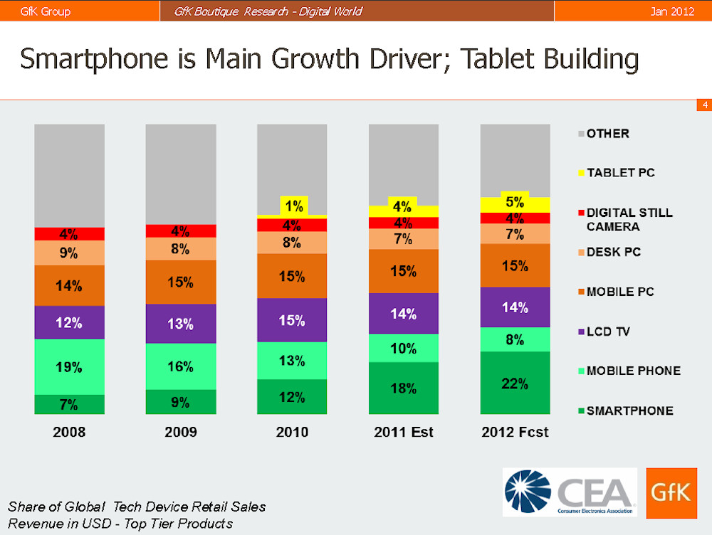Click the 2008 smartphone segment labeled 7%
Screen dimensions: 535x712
point(69,404)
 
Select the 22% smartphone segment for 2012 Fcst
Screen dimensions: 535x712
point(515,383)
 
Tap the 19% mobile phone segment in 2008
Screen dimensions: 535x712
point(69,367)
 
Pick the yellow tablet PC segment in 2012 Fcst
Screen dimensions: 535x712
point(515,205)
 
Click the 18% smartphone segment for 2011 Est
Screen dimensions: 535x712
point(403,388)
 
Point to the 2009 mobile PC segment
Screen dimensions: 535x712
point(181,282)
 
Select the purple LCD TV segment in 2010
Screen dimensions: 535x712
point(292,320)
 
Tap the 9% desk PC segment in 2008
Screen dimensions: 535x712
point(69,253)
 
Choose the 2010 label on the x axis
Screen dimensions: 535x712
point(292,432)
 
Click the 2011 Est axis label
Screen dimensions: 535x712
point(403,432)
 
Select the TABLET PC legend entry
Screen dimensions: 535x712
point(619,173)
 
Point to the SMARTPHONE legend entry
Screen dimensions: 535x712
point(629,410)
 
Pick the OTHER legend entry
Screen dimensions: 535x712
point(607,133)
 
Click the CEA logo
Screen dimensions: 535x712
point(570,492)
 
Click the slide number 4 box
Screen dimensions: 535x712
point(703,105)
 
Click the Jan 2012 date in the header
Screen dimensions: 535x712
point(672,11)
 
